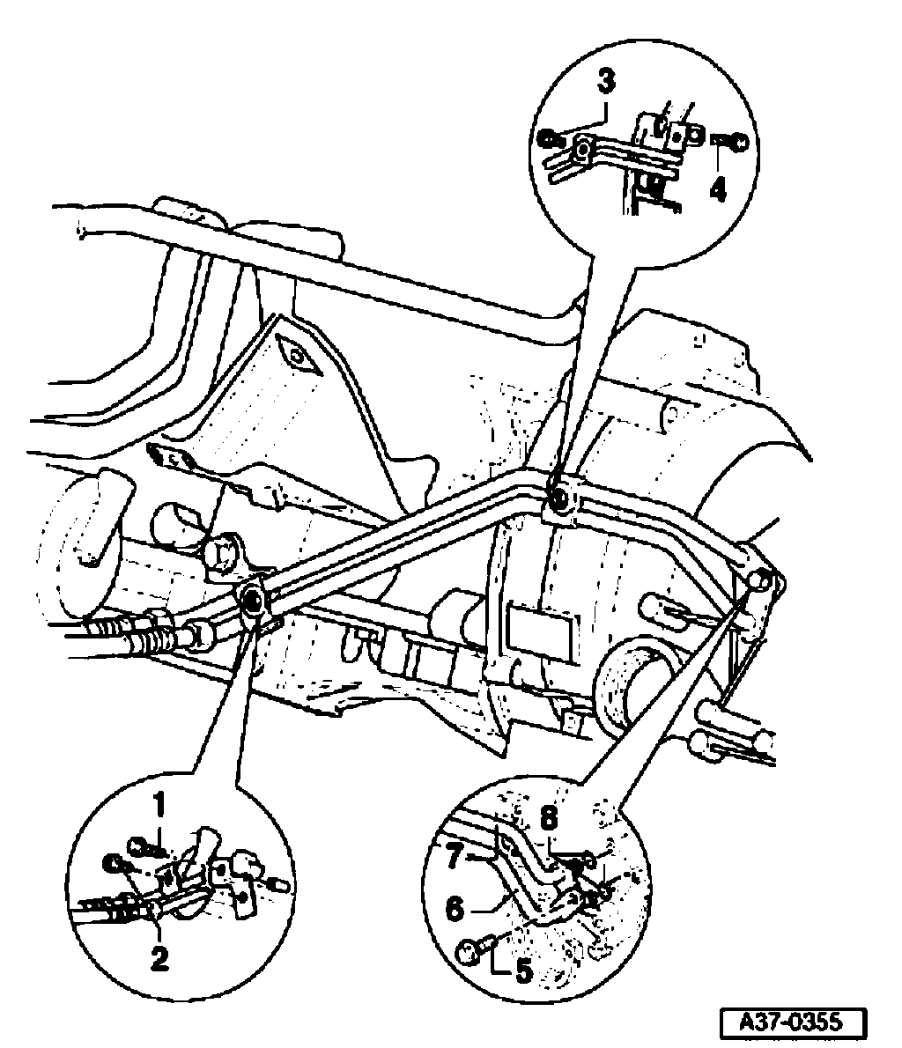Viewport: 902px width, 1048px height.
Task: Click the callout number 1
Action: (x=159, y=804)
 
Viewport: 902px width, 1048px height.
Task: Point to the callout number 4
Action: (x=720, y=188)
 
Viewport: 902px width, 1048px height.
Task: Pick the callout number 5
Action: (x=523, y=971)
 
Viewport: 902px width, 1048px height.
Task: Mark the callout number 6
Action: (x=454, y=908)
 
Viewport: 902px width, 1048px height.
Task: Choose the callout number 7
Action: (x=455, y=857)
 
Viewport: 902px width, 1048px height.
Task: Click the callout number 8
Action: (x=549, y=817)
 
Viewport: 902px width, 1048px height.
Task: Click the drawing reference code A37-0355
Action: (x=791, y=1022)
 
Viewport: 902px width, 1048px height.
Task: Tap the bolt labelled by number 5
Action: (x=469, y=950)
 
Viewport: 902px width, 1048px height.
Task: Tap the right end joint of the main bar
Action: (x=759, y=581)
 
